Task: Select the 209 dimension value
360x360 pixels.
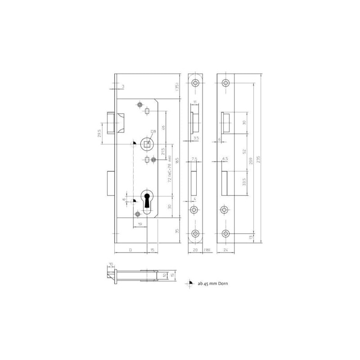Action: [251, 163]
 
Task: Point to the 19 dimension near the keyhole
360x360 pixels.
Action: [140, 224]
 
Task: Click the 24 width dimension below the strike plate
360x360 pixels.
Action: [226, 249]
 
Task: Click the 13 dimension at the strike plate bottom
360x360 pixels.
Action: [251, 237]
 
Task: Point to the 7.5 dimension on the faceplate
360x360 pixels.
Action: [195, 159]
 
